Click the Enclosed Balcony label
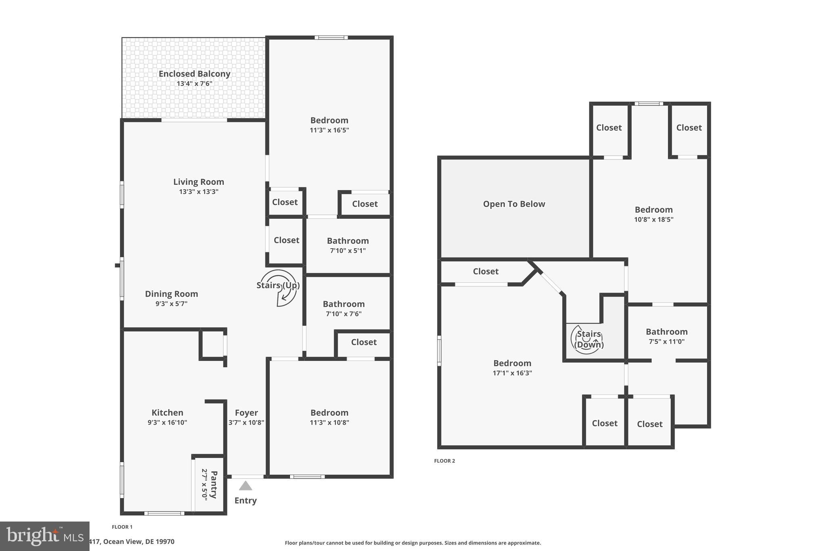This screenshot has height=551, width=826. pos(194,74)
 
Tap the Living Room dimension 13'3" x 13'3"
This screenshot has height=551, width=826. pos(198,192)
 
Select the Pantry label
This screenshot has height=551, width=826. pos(214,484)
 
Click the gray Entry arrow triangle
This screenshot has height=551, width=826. pos(245,486)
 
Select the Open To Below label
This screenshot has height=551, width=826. pos(514,204)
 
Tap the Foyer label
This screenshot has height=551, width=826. pos(246,413)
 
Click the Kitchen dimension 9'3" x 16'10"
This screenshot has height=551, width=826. pos(167,423)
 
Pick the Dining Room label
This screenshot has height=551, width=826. pos(171,294)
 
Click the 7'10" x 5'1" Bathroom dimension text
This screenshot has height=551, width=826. pos(348,251)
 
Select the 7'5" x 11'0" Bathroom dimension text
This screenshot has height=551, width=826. pos(666,341)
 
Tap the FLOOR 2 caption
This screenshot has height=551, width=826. pos(444,461)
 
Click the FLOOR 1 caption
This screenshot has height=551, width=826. pos(122,527)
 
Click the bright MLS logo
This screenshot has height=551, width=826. pos(44,536)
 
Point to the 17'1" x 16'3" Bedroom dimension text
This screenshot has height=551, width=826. pos(512,373)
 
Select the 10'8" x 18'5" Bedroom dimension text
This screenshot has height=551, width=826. pos(653,220)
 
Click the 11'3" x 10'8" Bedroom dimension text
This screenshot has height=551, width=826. pos(329,423)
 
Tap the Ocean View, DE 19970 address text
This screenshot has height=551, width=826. pos(131,542)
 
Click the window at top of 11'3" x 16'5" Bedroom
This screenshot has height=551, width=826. pos(331,38)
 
